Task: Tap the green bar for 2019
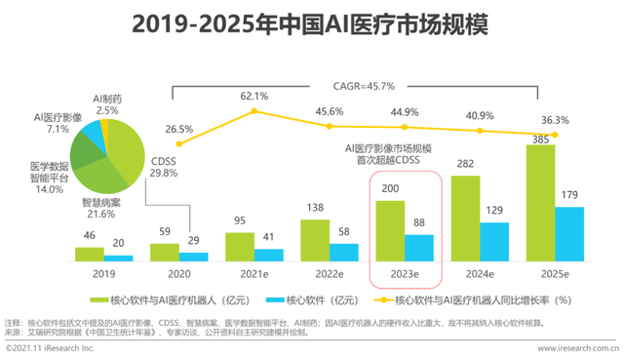(90, 255)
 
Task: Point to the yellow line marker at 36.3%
(556, 135)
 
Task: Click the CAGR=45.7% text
(366, 87)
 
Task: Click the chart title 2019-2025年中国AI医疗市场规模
(311, 21)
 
